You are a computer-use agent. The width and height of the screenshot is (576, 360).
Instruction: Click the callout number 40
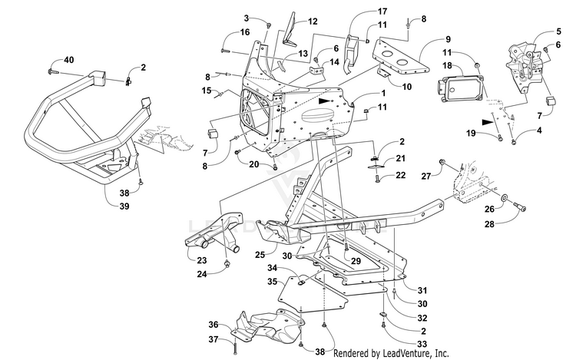[x=68, y=60]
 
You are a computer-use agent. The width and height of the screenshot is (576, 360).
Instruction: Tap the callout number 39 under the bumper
[x=124, y=206]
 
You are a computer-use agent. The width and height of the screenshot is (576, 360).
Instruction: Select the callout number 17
[x=382, y=12]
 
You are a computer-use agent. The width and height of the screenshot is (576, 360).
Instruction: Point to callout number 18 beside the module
[x=447, y=66]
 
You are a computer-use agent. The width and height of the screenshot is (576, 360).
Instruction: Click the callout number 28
[x=489, y=223]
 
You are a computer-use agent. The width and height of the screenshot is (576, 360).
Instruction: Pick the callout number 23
[x=202, y=260]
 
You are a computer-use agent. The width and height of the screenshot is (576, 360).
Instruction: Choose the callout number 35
[x=272, y=282]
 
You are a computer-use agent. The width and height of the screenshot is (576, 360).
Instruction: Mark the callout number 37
[x=214, y=340]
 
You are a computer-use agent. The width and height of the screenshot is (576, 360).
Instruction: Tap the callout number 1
[x=383, y=93]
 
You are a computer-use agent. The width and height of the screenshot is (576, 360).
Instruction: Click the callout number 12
[x=313, y=21]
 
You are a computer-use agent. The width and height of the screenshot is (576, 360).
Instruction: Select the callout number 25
[x=260, y=254]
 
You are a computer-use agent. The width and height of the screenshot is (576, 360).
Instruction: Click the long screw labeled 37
[x=234, y=346]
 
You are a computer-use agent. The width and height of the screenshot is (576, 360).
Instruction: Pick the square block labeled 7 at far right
[x=550, y=101]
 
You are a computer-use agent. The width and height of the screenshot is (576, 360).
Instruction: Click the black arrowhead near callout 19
[x=488, y=122]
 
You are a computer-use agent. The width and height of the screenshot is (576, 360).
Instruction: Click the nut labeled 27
[x=443, y=163]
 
